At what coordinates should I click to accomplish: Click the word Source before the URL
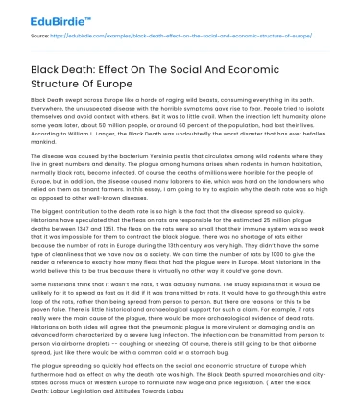pos(40,37)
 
